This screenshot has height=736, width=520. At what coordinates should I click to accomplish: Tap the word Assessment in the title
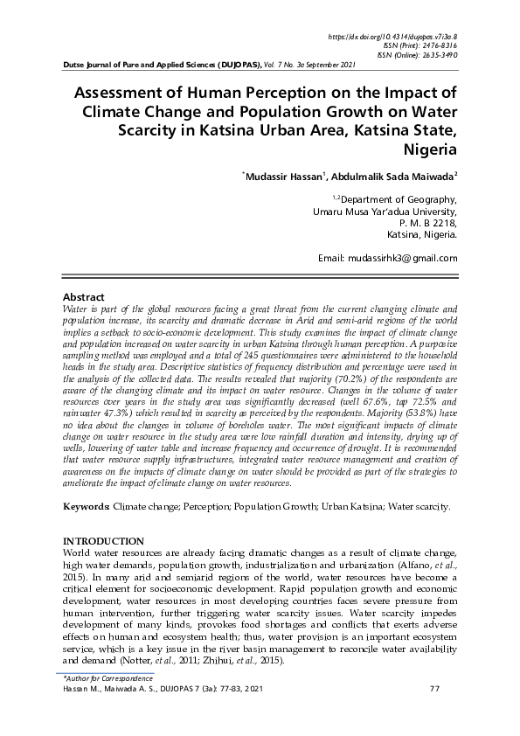[x=128, y=94]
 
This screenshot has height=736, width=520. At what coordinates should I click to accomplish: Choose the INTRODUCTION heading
[x=104, y=542]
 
